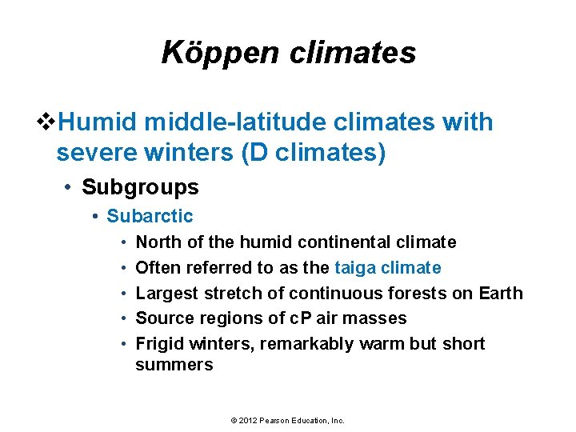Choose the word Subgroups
coord(140,187)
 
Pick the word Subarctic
coord(150,216)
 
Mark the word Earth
coord(501,293)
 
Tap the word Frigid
coord(159,344)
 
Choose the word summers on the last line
coord(174,365)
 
